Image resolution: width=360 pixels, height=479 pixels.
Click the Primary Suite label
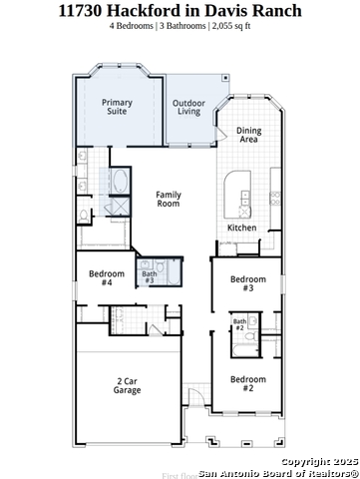click(119, 107)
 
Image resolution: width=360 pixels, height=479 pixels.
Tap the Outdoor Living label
click(190, 108)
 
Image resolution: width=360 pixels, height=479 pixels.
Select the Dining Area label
click(249, 135)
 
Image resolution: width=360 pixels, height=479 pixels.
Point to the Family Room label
click(169, 200)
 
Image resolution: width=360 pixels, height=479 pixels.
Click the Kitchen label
click(241, 228)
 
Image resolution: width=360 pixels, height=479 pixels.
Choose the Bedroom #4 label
click(107, 277)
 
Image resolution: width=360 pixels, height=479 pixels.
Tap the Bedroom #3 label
click(248, 283)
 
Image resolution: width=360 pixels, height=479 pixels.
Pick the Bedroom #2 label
click(248, 383)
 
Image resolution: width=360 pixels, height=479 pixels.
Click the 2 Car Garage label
click(127, 385)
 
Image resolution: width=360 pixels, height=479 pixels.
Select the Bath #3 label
click(149, 277)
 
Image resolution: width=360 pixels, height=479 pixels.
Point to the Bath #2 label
click(239, 324)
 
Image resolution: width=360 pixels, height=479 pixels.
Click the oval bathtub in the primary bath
click(119, 183)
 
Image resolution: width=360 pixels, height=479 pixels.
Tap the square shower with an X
click(118, 207)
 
